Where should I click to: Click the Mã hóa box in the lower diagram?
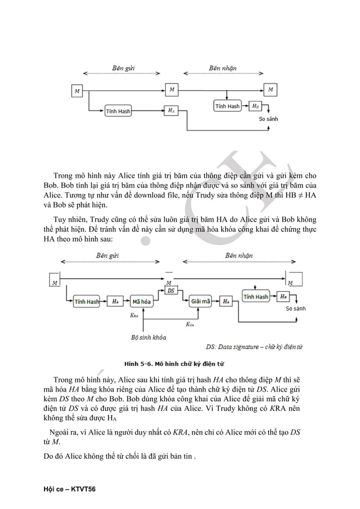(142, 302)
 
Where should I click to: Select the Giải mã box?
(200, 302)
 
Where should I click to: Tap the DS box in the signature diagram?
(171, 290)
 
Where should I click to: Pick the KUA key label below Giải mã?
(191, 324)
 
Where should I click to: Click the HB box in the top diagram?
(255, 106)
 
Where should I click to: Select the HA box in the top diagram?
(171, 111)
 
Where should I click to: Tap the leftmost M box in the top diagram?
(77, 90)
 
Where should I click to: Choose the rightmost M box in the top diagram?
(271, 89)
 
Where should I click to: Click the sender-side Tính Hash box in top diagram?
(118, 111)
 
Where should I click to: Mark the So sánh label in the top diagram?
(268, 119)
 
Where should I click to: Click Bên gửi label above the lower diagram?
(107, 255)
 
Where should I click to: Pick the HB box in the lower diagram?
(283, 296)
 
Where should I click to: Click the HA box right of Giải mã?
(226, 302)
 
